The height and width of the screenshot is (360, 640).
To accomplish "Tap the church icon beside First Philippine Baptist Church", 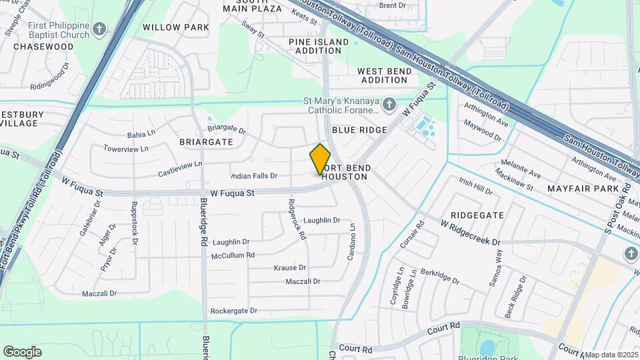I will [x=99, y=29].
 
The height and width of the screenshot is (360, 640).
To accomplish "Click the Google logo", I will [x=22, y=351].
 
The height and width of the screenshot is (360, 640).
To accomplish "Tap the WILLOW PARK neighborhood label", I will [x=176, y=27].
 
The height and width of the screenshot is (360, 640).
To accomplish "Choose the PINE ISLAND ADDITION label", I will [x=319, y=46].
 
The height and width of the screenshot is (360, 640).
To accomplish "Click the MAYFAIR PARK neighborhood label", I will [x=583, y=189].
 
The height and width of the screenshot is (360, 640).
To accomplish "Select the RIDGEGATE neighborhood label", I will [x=477, y=215].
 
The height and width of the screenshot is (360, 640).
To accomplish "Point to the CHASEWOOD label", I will [x=43, y=47].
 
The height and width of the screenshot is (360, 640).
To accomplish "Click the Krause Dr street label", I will [x=290, y=267].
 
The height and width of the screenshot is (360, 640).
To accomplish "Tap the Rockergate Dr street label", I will [x=233, y=311].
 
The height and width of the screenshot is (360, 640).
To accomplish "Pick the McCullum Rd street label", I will [x=233, y=255].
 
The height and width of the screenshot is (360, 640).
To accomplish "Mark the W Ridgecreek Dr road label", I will [x=470, y=233].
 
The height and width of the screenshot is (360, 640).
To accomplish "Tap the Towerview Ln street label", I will [x=126, y=149].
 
